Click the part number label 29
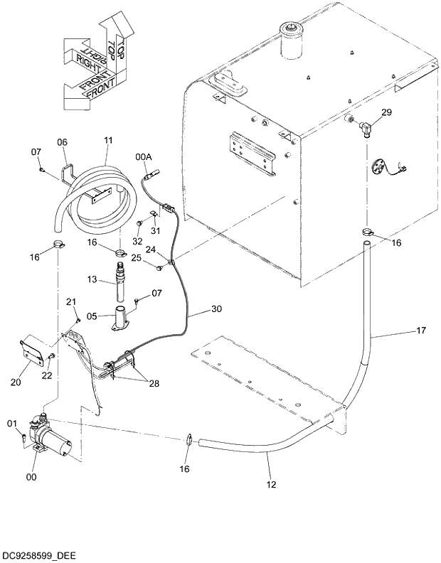click(x=386, y=112)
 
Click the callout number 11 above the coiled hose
click(x=108, y=141)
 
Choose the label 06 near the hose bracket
click(x=62, y=142)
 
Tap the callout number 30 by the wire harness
click(x=216, y=309)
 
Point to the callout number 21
click(x=71, y=303)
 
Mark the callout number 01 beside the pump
click(x=11, y=425)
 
